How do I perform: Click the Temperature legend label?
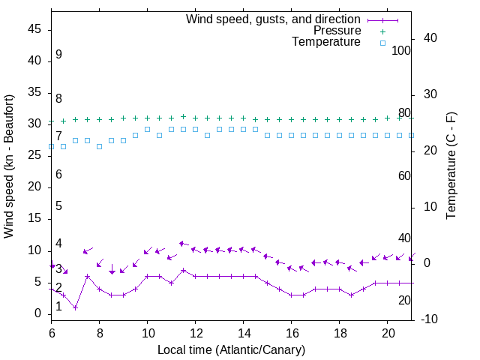tap(326, 42)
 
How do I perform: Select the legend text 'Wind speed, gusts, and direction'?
tap(274, 19)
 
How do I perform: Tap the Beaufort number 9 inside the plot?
tap(58, 55)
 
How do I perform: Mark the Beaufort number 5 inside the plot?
tap(58, 206)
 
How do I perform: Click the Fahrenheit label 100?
tap(402, 51)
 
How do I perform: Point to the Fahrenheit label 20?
tap(404, 300)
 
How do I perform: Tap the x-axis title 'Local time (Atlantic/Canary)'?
tap(231, 349)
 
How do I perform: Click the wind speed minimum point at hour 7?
tap(76, 307)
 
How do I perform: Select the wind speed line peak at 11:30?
tap(183, 270)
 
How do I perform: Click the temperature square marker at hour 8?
tap(100, 146)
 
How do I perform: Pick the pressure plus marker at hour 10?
tap(148, 118)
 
